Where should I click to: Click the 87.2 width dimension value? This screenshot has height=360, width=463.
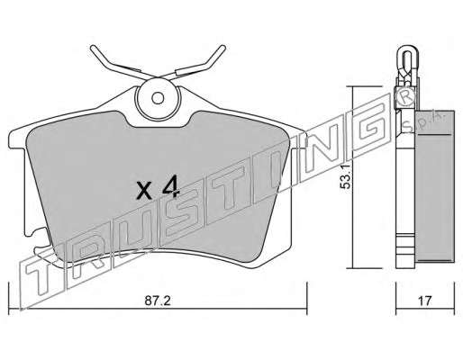coord(158,301)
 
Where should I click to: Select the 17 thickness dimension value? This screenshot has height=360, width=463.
coord(425,301)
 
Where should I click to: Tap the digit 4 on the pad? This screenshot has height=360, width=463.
coord(170,188)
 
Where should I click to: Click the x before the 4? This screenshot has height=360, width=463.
coord(144,191)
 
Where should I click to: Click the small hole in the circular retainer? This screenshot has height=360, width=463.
coord(158,98)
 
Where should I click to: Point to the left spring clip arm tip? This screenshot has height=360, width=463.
coord(93,48)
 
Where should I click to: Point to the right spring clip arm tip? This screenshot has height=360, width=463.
coord(222,48)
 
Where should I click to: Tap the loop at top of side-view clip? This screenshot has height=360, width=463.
coord(406,53)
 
